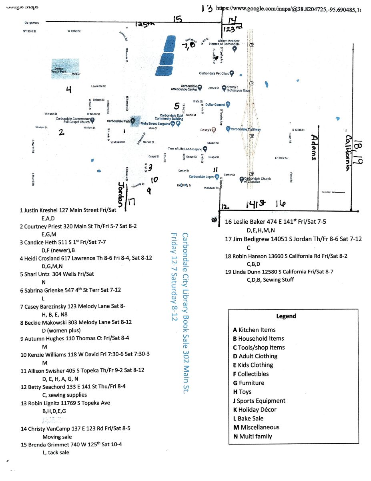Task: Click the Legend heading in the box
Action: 286,316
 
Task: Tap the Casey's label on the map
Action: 206,130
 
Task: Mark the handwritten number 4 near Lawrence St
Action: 68,90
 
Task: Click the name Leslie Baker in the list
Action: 249,222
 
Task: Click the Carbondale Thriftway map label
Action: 245,129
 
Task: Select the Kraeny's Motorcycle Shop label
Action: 238,89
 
